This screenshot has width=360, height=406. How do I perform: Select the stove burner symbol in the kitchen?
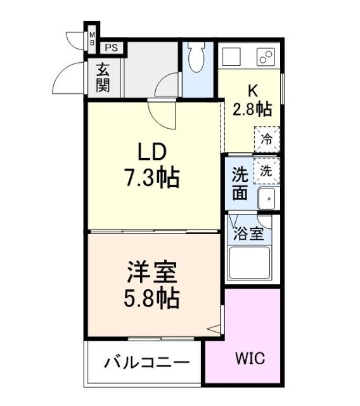coord(265,56)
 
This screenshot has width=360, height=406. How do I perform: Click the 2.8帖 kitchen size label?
coord(252,108)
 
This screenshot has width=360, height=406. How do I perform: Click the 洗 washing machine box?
coord(267,170)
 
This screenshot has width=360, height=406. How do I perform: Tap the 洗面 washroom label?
coord(240,183)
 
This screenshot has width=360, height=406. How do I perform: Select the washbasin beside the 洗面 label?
coord(267,198)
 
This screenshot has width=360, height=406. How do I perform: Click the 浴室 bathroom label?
coord(249,233)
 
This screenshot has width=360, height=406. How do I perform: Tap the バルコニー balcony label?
coord(146,363)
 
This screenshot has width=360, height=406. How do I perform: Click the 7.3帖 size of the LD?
coord(151,178)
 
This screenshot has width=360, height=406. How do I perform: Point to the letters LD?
coord(152,154)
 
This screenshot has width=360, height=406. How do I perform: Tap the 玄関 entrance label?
coord(103,78)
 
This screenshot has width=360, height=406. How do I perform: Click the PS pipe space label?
coord(111,47)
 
